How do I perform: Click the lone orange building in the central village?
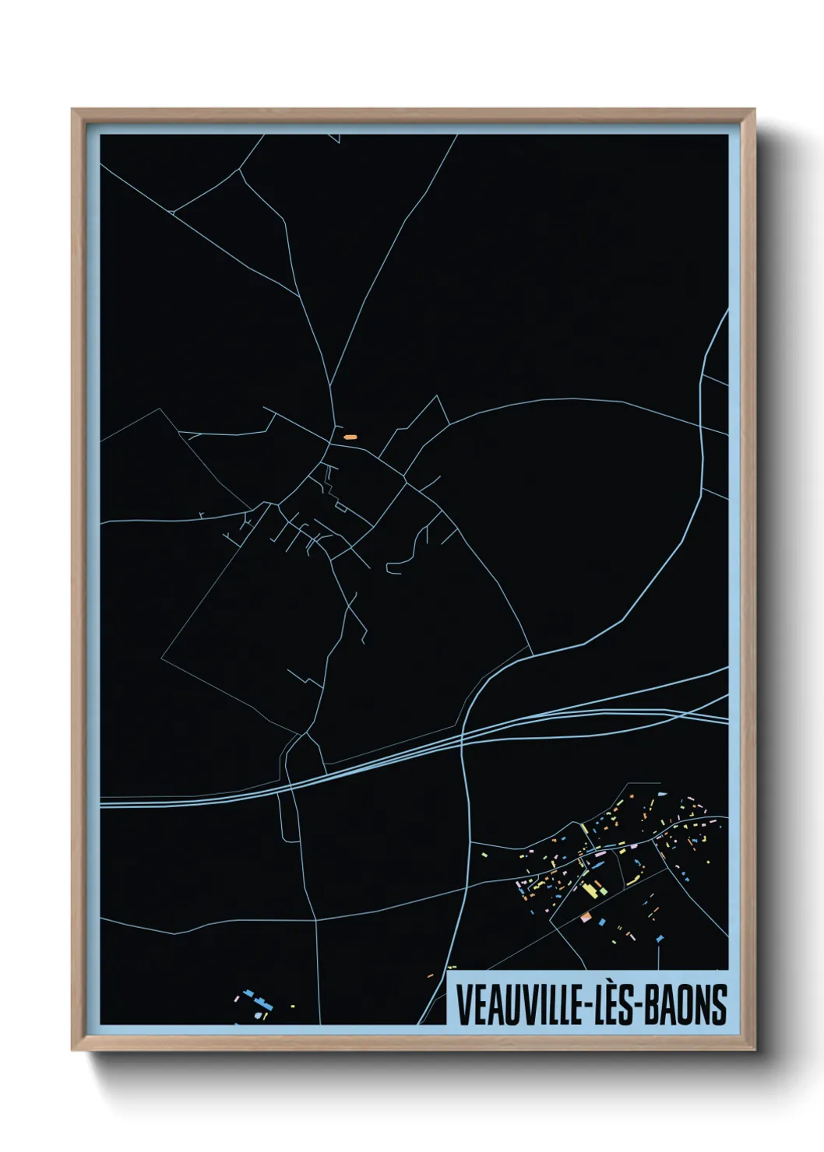tap(350, 437)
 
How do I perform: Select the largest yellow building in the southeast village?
tap(590, 888)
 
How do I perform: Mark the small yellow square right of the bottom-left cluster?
tap(293, 1007)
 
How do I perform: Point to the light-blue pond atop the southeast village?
tap(662, 794)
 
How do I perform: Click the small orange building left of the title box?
tap(430, 976)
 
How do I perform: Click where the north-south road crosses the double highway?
tap(463, 739)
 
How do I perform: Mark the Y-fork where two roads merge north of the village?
tap(330, 385)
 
